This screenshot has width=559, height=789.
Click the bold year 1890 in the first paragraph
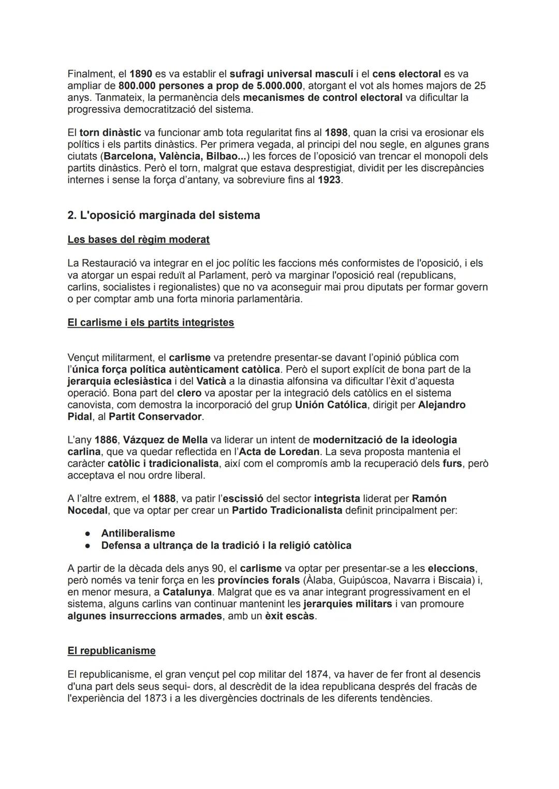[141, 74]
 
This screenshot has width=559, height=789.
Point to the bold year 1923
[330, 180]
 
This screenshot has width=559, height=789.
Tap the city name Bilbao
[219, 156]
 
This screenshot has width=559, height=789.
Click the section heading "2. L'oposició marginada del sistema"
[164, 215]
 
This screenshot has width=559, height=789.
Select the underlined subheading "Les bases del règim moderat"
[138, 240]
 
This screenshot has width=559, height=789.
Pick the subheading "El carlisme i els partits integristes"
[151, 323]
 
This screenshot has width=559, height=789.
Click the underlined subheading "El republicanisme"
[111, 651]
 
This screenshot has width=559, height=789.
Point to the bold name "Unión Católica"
[331, 405]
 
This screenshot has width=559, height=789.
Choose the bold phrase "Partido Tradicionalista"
[287, 511]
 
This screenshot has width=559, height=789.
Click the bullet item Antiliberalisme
[138, 533]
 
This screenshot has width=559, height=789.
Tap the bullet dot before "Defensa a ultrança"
[89, 546]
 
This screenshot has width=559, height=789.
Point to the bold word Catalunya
[190, 592]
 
